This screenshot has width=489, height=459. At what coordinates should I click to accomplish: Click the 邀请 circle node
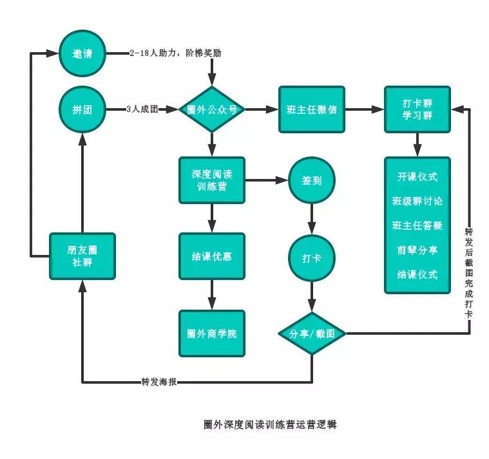pyautogui.click(x=82, y=53)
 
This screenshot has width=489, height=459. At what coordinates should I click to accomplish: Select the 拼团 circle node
pyautogui.click(x=82, y=109)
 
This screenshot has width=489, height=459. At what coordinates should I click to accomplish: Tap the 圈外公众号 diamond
pyautogui.click(x=211, y=109)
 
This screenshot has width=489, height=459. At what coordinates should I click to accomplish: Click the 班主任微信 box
pyautogui.click(x=311, y=109)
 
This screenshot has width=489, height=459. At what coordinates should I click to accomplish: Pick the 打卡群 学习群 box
pyautogui.click(x=417, y=109)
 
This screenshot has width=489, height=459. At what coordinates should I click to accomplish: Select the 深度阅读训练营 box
pyautogui.click(x=211, y=180)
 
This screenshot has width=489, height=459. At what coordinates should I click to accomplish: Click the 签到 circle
pyautogui.click(x=312, y=181)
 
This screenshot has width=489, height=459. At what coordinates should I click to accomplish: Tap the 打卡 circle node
pyautogui.click(x=312, y=258)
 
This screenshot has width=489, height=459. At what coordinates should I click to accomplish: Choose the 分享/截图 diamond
pyautogui.click(x=312, y=333)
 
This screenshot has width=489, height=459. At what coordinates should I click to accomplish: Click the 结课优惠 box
pyautogui.click(x=211, y=256)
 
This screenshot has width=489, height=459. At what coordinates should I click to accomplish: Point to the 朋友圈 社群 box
pyautogui.click(x=82, y=256)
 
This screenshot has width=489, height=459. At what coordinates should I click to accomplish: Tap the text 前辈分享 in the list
pyautogui.click(x=417, y=250)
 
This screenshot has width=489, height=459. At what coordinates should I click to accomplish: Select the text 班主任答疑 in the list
pyautogui.click(x=417, y=225)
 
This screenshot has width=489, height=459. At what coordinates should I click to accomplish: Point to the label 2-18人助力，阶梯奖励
pyautogui.click(x=175, y=53)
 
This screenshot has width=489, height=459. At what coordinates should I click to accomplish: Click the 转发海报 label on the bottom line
pyautogui.click(x=159, y=382)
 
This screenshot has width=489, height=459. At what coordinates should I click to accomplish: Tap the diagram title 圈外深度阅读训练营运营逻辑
pyautogui.click(x=270, y=425)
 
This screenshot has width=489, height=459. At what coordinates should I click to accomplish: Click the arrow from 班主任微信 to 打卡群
pyautogui.click(x=364, y=109)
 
